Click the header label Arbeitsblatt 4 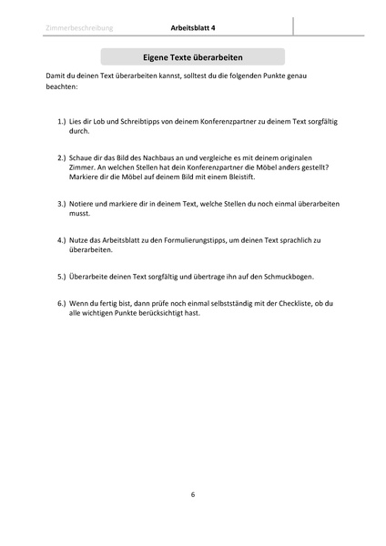click(x=193, y=28)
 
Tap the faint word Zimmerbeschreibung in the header click(x=77, y=28)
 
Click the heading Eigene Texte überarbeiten click(x=193, y=56)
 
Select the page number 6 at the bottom click(x=193, y=494)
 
